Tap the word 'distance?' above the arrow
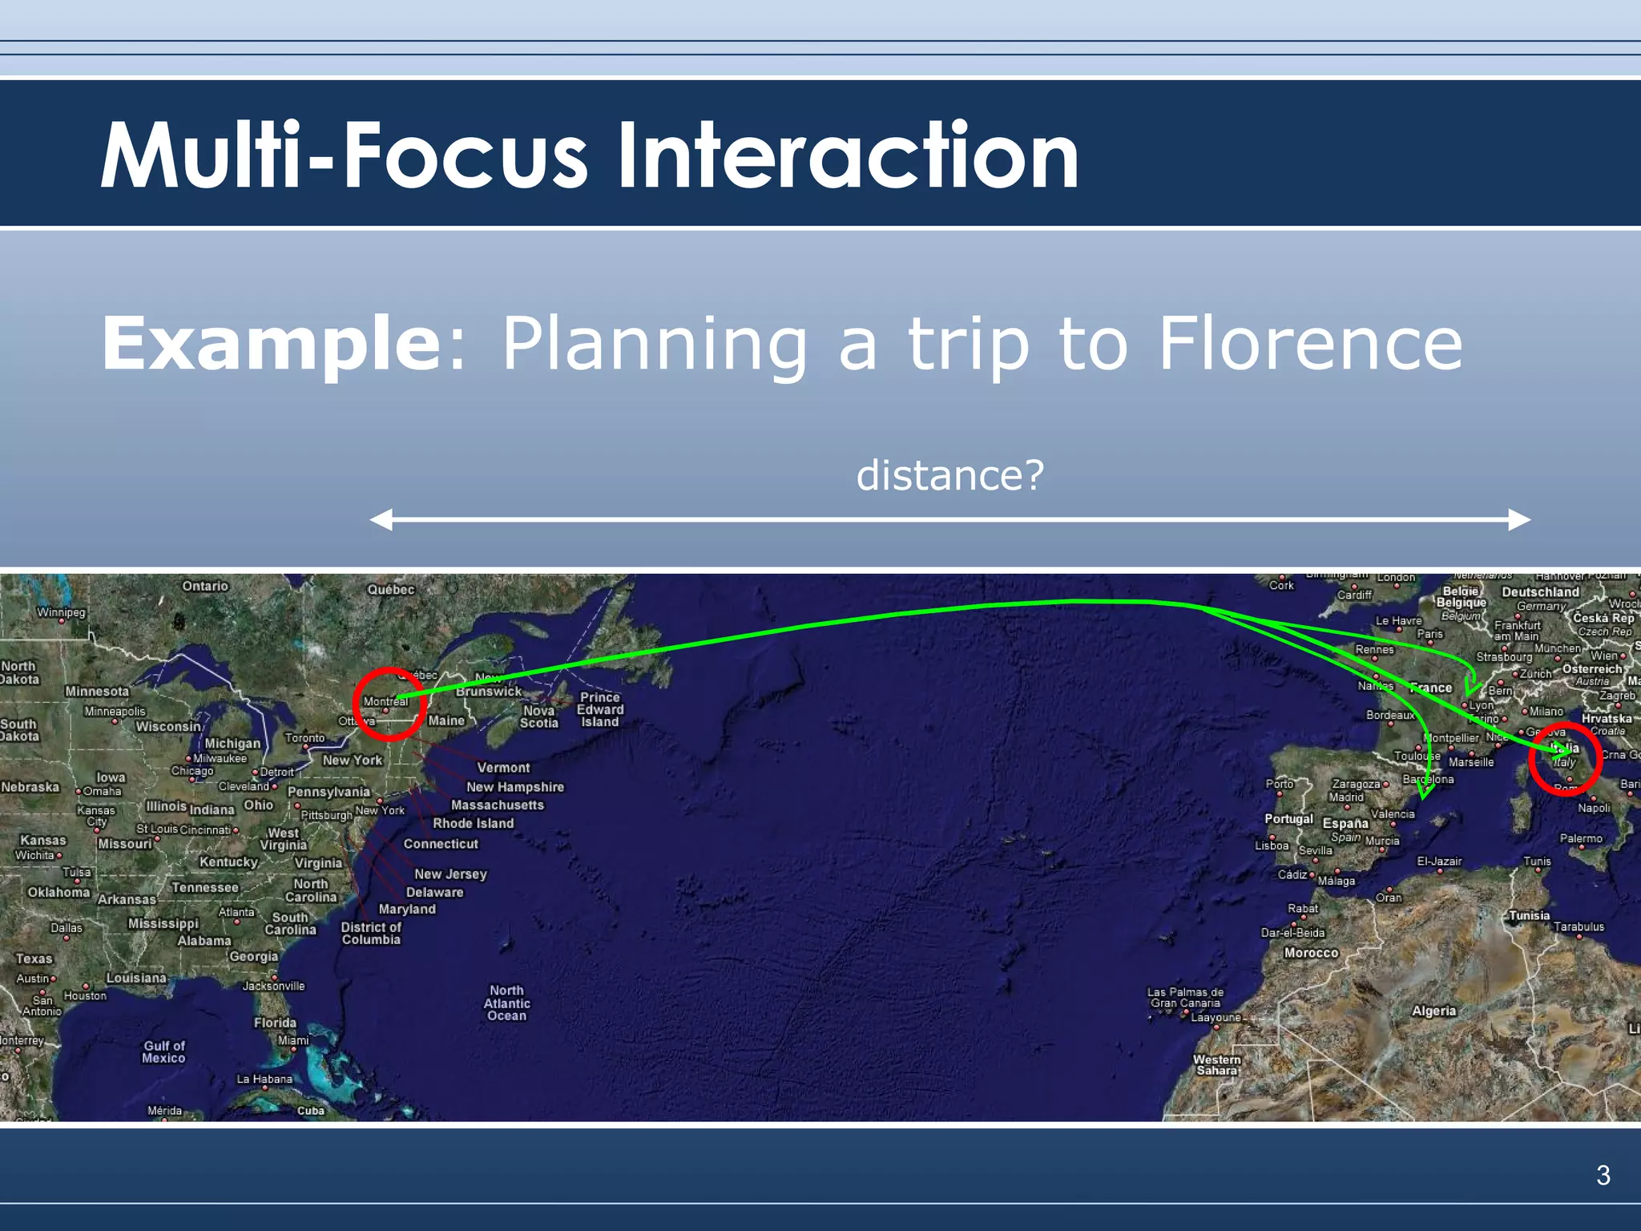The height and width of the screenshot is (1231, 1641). tap(950, 475)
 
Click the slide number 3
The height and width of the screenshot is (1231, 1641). tap(1603, 1175)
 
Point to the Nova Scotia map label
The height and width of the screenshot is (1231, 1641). tap(538, 716)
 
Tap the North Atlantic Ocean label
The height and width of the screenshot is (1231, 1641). tap(506, 1003)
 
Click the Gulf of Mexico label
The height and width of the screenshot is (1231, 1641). tap(163, 1051)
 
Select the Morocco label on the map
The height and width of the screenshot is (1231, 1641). tap(1311, 953)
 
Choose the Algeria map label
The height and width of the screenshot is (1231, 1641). tap(1433, 1011)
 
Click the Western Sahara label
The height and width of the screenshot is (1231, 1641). tap(1216, 1064)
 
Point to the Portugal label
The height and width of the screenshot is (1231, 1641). tap(1288, 818)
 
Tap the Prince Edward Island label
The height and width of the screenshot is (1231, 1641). tap(600, 709)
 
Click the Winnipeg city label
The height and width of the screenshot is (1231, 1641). tap(61, 612)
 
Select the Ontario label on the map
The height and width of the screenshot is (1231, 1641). tap(205, 586)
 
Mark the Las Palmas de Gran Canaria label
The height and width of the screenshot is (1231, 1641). tap(1185, 997)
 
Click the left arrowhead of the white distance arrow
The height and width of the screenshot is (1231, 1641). tap(381, 519)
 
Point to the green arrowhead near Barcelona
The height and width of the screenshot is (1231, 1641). tap(1425, 791)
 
